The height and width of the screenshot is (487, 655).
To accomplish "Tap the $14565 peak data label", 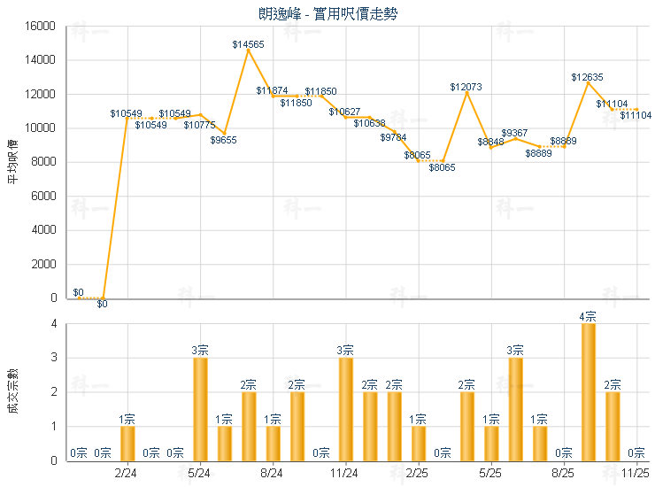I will (248, 44).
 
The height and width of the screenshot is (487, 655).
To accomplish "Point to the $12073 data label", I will (466, 87).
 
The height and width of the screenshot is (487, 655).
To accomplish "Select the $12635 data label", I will (587, 78).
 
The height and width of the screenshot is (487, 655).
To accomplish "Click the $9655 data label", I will (224, 140).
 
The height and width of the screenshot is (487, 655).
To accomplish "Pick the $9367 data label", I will (514, 133).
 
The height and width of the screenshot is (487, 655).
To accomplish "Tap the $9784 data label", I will (394, 137).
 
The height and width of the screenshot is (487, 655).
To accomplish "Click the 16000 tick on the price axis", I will (42, 27).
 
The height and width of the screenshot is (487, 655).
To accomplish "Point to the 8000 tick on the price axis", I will (44, 162).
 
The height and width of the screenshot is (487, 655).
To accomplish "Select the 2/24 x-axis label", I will (127, 474).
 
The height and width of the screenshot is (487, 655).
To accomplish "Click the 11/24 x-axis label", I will (344, 474).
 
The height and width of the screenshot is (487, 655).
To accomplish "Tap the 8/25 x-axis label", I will (563, 474).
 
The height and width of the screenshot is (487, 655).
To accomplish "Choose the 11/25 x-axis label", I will (636, 474).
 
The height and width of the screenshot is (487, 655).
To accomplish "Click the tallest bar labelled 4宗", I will (588, 391).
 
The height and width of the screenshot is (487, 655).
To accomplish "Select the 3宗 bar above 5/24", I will (200, 408).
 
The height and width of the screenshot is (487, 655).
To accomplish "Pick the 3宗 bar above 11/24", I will (345, 408).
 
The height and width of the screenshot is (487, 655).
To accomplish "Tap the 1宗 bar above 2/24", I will (127, 443).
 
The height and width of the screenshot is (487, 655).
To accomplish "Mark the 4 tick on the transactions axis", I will (54, 324).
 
